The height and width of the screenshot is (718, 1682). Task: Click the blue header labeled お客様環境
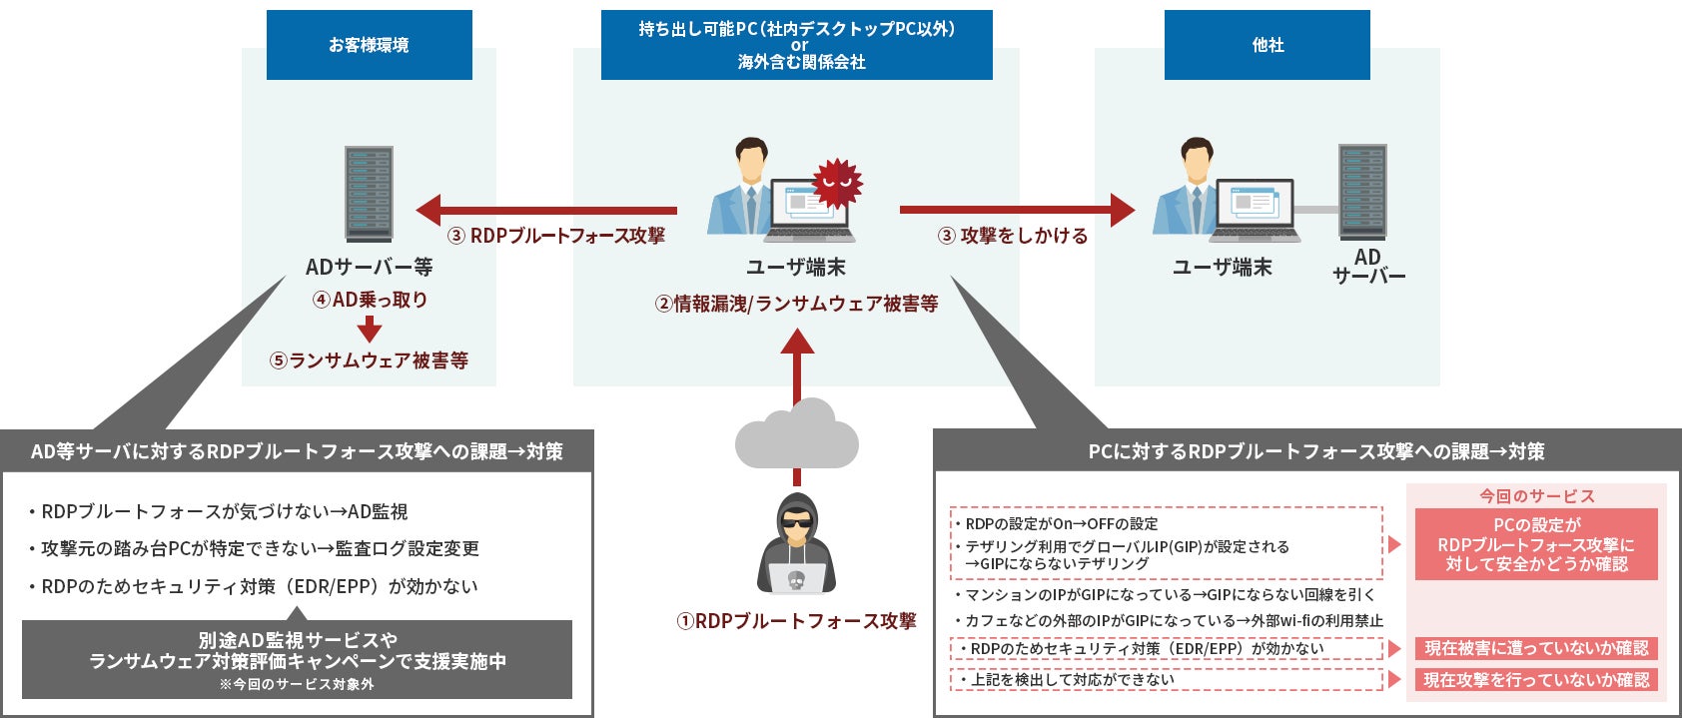pyautogui.click(x=369, y=45)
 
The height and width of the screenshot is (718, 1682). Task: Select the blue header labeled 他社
pyautogui.click(x=1266, y=45)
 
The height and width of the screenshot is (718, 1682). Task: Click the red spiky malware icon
pyautogui.click(x=837, y=183)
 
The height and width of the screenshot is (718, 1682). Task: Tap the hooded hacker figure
pyautogui.click(x=796, y=544)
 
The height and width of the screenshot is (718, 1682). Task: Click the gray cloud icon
pyautogui.click(x=796, y=436)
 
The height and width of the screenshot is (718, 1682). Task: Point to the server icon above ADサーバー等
pyautogui.click(x=369, y=194)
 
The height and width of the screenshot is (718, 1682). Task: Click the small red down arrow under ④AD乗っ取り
pyautogui.click(x=370, y=329)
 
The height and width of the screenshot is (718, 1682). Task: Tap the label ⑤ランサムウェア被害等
pyautogui.click(x=369, y=360)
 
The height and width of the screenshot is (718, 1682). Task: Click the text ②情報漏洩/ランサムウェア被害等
pyautogui.click(x=796, y=304)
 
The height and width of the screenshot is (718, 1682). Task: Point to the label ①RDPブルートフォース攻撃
pyautogui.click(x=796, y=621)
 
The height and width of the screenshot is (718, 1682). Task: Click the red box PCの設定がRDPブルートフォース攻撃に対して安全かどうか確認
pyautogui.click(x=1535, y=544)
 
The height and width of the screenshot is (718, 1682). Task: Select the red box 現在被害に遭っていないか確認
pyautogui.click(x=1535, y=648)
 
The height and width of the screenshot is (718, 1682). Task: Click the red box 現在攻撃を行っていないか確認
pyautogui.click(x=1535, y=680)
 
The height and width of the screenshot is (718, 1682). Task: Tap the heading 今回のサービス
pyautogui.click(x=1536, y=496)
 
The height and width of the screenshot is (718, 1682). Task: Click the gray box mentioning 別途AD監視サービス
pyautogui.click(x=297, y=659)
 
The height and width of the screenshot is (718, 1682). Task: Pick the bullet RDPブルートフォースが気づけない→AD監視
pyautogui.click(x=224, y=511)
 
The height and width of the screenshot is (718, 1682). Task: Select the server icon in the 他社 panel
pyautogui.click(x=1362, y=192)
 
